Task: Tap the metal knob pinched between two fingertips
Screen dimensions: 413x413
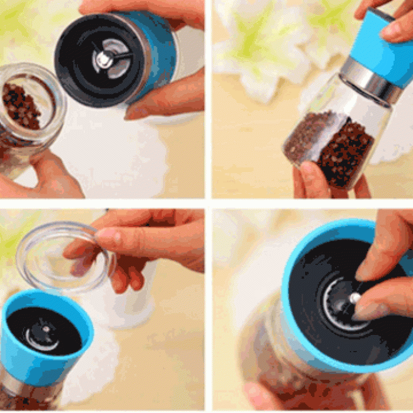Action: (x=355, y=298)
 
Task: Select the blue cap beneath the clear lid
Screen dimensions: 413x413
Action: (x=24, y=354)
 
